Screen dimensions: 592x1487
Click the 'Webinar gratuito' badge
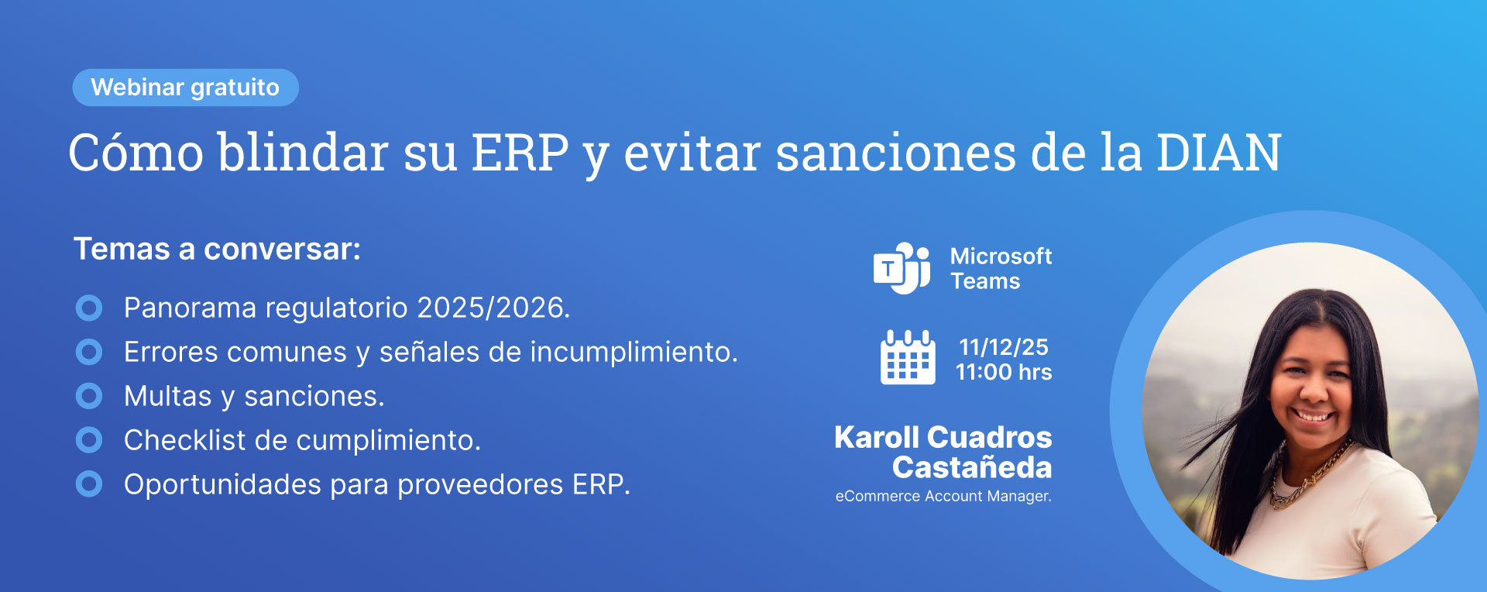click(x=185, y=88)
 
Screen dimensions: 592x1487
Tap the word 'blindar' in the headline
click(x=303, y=153)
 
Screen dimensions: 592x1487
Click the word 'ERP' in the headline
click(x=520, y=153)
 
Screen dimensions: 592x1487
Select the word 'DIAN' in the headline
click(x=1218, y=153)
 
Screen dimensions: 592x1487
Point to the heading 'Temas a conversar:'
click(x=217, y=250)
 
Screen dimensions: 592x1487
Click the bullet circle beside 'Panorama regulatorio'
click(x=89, y=308)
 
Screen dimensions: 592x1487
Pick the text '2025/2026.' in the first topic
click(x=493, y=308)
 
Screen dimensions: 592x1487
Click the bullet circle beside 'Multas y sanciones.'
click(x=89, y=396)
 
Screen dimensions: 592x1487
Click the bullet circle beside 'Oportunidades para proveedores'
click(x=89, y=484)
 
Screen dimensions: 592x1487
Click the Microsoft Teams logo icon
click(x=901, y=268)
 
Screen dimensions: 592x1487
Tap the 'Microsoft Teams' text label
click(x=1001, y=268)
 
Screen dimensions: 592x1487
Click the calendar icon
click(x=908, y=357)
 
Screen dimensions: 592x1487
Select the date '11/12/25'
click(x=1004, y=346)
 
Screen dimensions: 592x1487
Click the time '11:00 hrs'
click(x=1004, y=372)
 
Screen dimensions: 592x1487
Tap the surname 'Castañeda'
click(x=972, y=467)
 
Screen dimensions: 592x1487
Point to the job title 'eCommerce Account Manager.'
click(x=943, y=496)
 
